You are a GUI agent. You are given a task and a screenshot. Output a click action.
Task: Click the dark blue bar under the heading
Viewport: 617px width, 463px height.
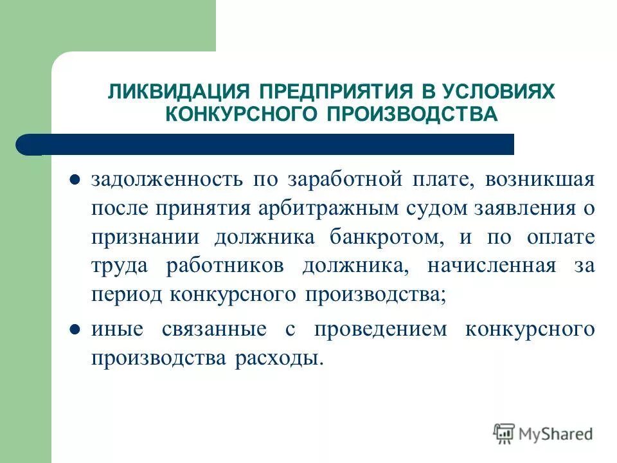click(x=270, y=144)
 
